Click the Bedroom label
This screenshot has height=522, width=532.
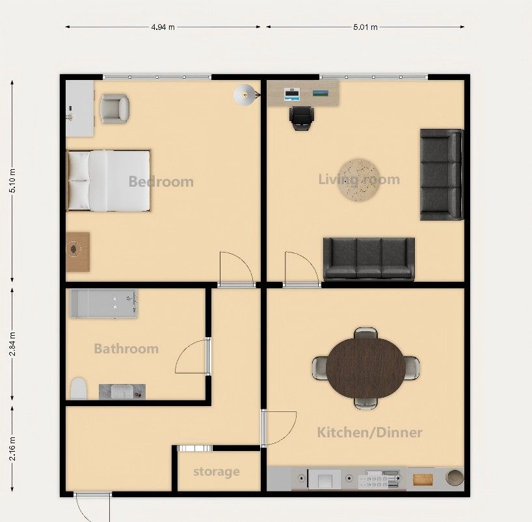[161, 182]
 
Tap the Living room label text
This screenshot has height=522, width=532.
[359, 180]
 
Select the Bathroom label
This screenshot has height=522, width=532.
[126, 349]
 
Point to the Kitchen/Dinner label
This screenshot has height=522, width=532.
[369, 432]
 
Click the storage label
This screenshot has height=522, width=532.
[217, 472]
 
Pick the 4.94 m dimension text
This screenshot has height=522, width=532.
[163, 27]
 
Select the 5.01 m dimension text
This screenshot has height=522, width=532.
[366, 27]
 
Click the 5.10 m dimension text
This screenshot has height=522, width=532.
[12, 181]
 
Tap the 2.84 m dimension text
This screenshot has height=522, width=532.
[12, 344]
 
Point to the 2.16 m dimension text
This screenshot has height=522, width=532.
[12, 448]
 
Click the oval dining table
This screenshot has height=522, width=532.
[366, 368]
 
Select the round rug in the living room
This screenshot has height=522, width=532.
[359, 180]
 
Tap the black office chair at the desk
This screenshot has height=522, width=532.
[302, 118]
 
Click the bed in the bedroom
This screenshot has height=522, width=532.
[109, 181]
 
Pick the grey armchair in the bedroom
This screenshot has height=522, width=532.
[114, 108]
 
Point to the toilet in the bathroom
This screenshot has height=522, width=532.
[79, 389]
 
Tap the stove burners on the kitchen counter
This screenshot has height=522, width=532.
[379, 480]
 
